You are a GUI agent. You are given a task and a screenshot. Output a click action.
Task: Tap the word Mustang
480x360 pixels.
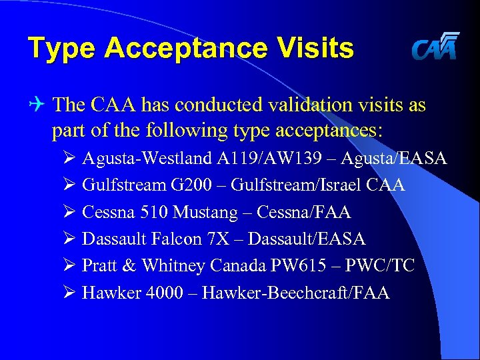click(x=205, y=212)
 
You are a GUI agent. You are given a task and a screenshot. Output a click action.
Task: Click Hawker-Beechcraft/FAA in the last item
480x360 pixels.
click(x=296, y=292)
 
